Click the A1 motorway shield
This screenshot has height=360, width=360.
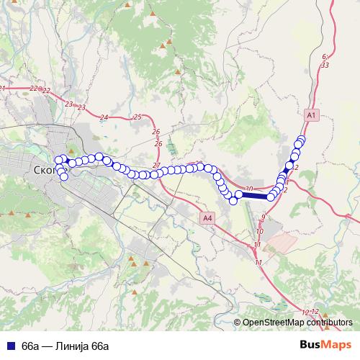(x=311, y=114)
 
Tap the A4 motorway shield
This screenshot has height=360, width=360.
(x=207, y=217)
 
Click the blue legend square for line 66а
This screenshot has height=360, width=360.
(x=11, y=346)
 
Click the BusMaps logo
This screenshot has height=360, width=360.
(x=328, y=345)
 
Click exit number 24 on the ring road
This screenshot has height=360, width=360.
(x=104, y=117)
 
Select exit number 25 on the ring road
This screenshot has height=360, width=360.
(x=138, y=117)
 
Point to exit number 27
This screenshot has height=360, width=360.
(x=156, y=166)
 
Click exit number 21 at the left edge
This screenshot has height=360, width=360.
(x=3, y=89)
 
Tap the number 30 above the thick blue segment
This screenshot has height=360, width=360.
(x=249, y=189)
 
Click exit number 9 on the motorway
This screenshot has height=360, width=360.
(x=264, y=217)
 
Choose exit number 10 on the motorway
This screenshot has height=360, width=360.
(x=260, y=231)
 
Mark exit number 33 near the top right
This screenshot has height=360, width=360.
(x=325, y=65)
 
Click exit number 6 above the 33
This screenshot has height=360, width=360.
(x=325, y=55)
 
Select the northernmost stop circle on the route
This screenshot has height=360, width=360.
(x=301, y=140)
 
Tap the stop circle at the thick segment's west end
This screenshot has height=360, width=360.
(x=239, y=194)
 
